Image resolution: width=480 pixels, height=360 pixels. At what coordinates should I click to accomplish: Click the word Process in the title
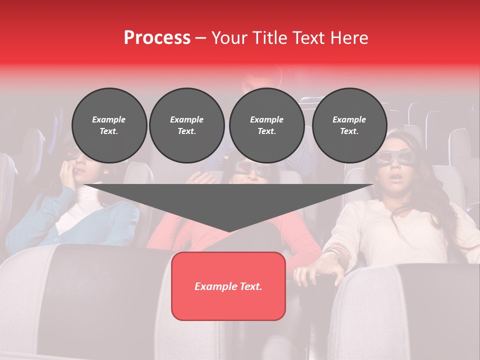157,38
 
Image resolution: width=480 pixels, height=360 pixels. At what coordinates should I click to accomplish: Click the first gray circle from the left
109,125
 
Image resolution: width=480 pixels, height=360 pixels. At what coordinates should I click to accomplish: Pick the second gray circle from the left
186,125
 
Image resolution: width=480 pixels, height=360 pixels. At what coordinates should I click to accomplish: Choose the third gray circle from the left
266,125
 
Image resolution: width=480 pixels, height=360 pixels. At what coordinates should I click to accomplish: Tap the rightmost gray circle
349,125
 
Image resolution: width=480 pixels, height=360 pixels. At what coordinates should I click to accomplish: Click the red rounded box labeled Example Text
228,286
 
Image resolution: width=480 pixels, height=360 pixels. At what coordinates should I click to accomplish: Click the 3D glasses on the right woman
393,157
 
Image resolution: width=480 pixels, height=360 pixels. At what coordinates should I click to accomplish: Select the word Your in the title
229,38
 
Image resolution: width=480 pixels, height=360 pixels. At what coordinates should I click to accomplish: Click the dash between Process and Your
201,38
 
